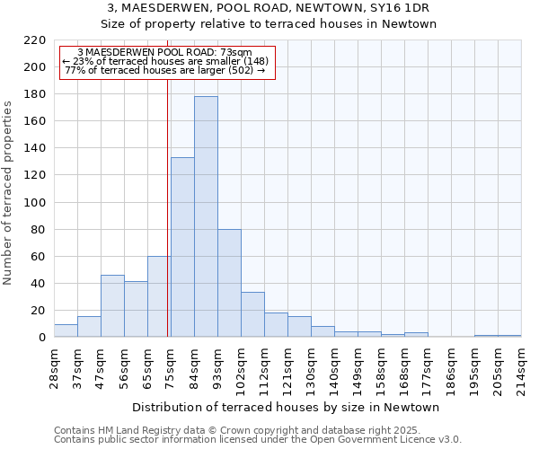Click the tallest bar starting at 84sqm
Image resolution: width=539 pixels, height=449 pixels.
coord(206,216)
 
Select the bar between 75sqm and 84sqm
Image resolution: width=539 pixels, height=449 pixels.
coord(182,247)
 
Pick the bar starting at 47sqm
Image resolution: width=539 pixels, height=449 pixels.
coord(112,306)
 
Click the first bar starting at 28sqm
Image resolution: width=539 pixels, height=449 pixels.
coord(66,330)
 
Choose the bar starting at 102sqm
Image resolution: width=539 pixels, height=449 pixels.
coord(252,314)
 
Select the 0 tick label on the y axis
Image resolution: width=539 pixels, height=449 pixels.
coord(41,338)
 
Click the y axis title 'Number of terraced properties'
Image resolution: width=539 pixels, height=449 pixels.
coord(8,192)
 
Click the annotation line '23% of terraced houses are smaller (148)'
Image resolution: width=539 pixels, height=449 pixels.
coord(167,61)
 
